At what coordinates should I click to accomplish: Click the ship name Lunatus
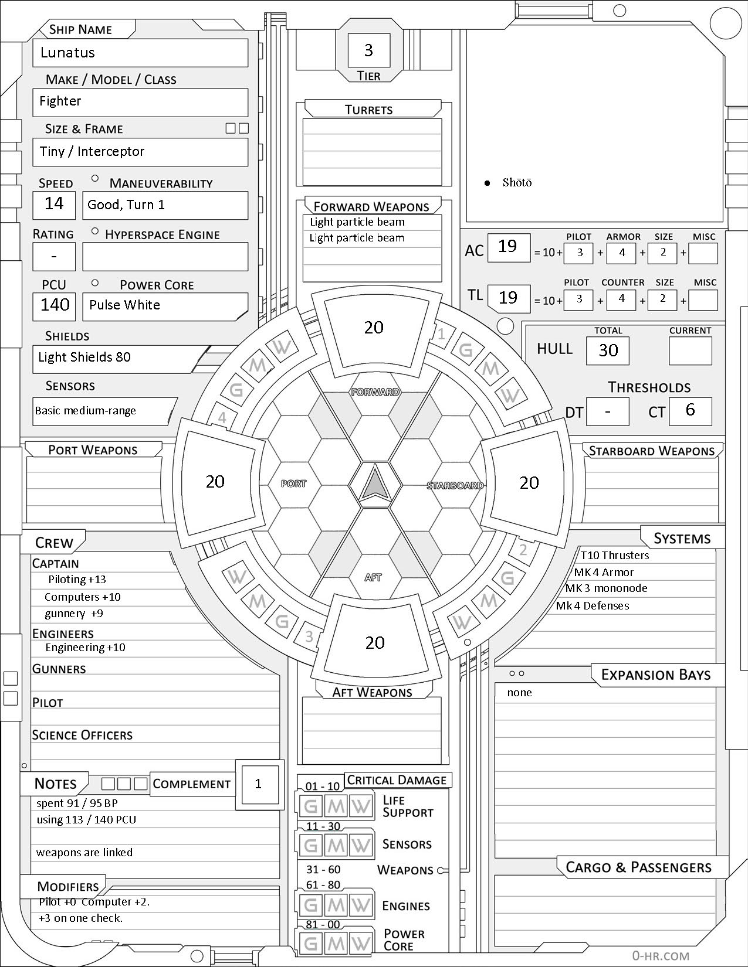tap(67, 53)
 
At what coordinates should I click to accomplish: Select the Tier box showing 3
tap(368, 50)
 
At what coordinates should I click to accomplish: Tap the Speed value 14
tap(54, 203)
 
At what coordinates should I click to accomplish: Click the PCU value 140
tap(55, 305)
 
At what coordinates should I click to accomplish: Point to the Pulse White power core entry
tap(124, 305)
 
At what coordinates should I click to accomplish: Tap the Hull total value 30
tap(608, 350)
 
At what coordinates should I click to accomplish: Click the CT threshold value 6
tap(690, 410)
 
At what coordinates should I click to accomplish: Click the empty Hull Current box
tap(690, 350)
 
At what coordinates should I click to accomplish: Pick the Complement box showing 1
tap(258, 784)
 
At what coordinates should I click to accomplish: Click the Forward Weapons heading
tap(371, 207)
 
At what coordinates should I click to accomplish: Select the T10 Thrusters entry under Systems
tap(615, 556)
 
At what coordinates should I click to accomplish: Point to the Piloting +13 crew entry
tap(77, 580)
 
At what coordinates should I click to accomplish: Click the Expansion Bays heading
tap(655, 675)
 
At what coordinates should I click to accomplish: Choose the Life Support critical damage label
tap(408, 806)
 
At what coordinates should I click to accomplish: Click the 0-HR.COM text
tap(661, 956)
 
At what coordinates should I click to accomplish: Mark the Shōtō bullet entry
tap(516, 183)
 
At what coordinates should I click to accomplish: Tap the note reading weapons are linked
tap(84, 853)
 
